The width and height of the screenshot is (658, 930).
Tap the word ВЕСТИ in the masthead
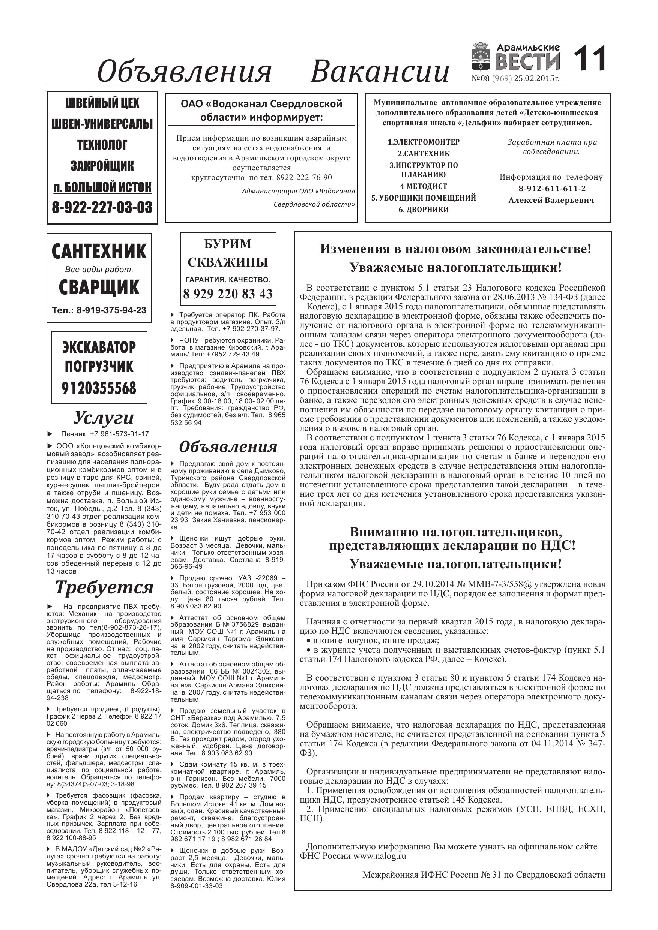coord(528,62)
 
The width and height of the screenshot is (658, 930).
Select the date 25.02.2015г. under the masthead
coord(536,79)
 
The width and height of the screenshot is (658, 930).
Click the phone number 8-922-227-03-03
coord(102,207)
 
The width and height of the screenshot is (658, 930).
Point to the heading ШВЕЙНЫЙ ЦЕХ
coord(102,103)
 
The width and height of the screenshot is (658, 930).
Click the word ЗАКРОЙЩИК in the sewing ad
coord(102,166)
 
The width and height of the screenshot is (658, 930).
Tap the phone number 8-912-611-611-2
coord(552,188)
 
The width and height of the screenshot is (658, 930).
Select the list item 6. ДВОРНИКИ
coord(423,210)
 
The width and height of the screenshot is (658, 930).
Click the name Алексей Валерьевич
coord(551,200)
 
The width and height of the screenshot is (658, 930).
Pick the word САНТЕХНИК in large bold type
coord(99,251)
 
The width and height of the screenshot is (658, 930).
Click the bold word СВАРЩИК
coord(99,287)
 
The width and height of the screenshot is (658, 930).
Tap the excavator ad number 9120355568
coord(99,388)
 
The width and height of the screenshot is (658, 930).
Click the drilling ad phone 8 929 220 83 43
coord(228,294)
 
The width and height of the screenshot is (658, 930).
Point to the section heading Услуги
coord(104,418)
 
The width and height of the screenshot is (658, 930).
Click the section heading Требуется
coord(104,587)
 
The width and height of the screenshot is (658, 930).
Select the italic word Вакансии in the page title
coord(380,72)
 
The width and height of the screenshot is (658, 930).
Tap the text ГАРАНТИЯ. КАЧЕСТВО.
coord(228,280)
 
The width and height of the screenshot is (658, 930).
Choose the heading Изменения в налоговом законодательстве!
coord(456,249)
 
